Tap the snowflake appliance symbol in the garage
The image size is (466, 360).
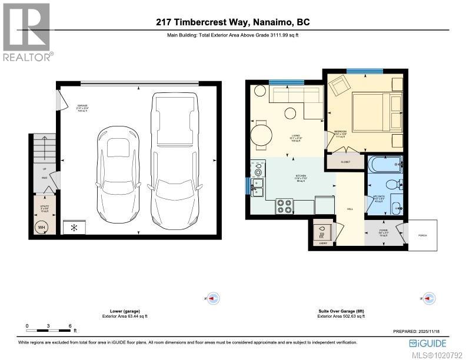coord(74,226)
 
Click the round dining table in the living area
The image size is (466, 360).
coord(261,132)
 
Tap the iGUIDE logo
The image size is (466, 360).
coord(428,342)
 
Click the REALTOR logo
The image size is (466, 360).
coord(27,32)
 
